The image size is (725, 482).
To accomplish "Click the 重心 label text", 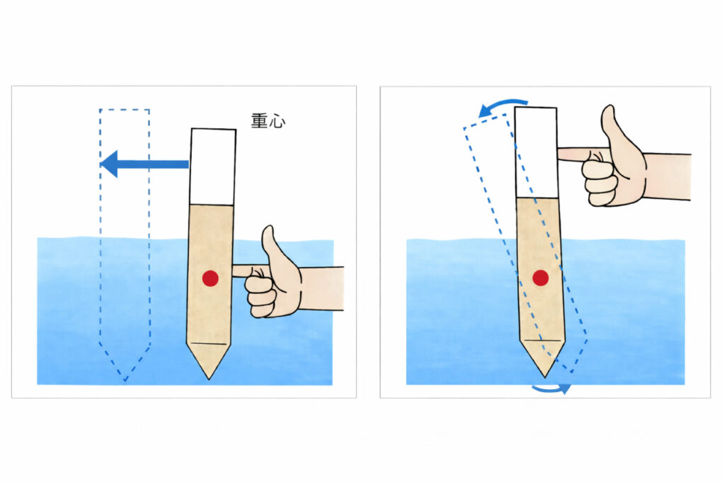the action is pos(268,120).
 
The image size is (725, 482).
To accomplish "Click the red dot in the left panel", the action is pos(210,278).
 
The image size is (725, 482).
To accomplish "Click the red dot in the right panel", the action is pos(540,278).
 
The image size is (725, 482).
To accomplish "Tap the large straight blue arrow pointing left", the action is pos(144,164).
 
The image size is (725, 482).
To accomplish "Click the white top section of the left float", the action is pos(213,167).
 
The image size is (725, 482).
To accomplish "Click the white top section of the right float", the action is pos(537,153).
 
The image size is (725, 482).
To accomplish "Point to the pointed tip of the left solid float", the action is pos(209,379).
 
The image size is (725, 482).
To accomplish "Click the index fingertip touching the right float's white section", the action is pos(561,154).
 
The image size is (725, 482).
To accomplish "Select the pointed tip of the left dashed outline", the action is pos(125,381).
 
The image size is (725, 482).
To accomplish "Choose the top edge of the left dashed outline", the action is pos(125,110).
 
